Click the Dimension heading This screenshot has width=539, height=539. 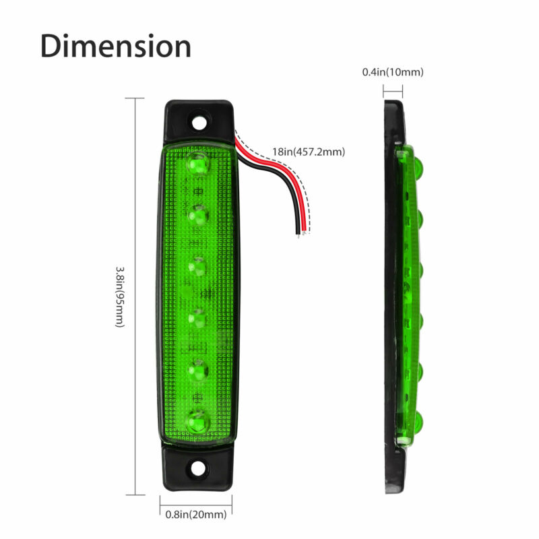(115, 46)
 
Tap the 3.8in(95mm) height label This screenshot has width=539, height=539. (119, 297)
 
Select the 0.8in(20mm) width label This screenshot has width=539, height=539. (196, 515)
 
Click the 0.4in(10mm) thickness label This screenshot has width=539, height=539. (393, 72)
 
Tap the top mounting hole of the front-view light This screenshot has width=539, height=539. (199, 123)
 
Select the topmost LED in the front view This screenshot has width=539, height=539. (198, 163)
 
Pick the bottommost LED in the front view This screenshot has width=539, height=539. (197, 422)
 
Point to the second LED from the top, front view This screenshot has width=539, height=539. (198, 215)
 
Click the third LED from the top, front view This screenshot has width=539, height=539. (198, 266)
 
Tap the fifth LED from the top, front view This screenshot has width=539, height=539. (198, 369)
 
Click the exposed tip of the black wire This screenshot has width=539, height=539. (298, 233)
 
